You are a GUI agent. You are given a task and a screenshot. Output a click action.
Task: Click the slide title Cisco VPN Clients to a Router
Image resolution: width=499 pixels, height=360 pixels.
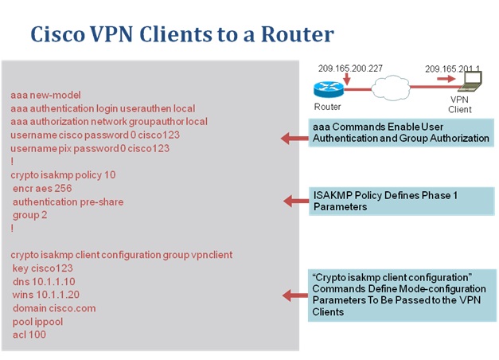[181, 34]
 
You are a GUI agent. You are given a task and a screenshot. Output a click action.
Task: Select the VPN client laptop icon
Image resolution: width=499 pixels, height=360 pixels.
[473, 82]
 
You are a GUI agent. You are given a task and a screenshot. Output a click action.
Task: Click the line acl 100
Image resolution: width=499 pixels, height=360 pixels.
[29, 335]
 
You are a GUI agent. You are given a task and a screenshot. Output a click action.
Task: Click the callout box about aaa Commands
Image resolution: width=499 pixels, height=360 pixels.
[401, 132]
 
